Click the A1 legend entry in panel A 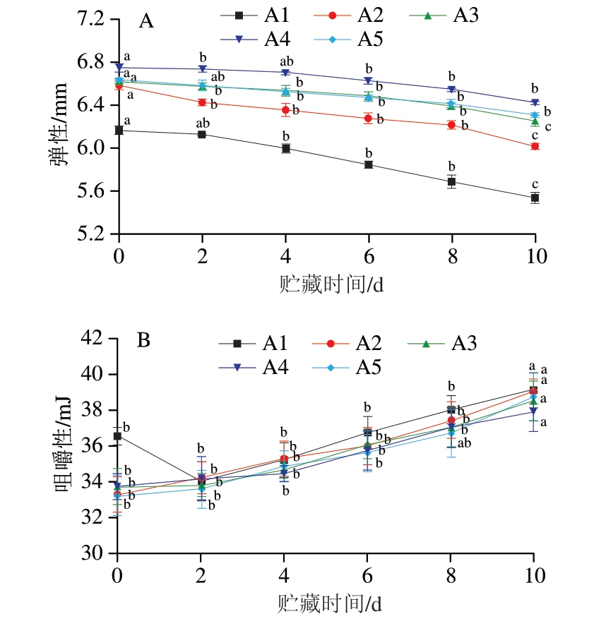[x=261, y=14]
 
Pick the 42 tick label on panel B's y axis [x=95, y=339]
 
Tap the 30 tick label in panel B [x=95, y=553]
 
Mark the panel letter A [x=146, y=21]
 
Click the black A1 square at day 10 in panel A [x=535, y=198]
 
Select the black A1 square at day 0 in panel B [x=118, y=436]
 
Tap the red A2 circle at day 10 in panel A [x=535, y=146]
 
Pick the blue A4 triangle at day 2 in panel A [x=202, y=68]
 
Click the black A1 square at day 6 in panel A [x=369, y=164]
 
